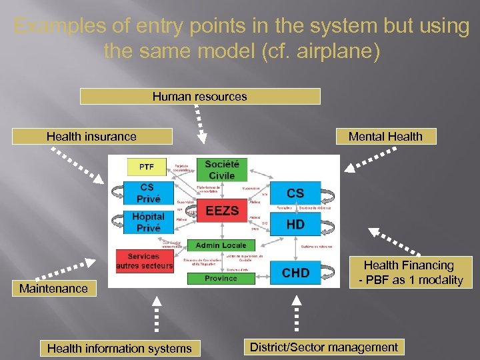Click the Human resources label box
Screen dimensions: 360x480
[199, 97]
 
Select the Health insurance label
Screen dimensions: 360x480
[92, 137]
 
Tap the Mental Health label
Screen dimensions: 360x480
[385, 137]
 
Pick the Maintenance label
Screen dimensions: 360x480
[53, 289]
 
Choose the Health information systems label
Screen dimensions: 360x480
[119, 348]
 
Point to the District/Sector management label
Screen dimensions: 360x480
[323, 347]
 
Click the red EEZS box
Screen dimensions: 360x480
[222, 211]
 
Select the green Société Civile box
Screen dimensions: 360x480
[221, 169]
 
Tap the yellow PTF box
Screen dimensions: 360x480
[146, 166]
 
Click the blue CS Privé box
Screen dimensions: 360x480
[148, 193]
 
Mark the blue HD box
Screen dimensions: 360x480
[295, 225]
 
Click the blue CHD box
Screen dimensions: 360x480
[295, 272]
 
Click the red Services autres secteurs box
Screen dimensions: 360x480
[145, 261]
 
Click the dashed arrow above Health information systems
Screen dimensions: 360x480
[154, 314]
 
